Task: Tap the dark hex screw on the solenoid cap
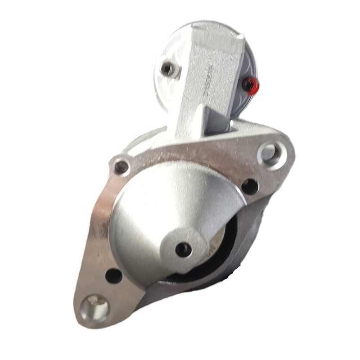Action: pyautogui.click(x=167, y=68)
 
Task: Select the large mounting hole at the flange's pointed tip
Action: pyautogui.click(x=94, y=306)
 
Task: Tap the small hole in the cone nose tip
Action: pyautogui.click(x=183, y=249)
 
